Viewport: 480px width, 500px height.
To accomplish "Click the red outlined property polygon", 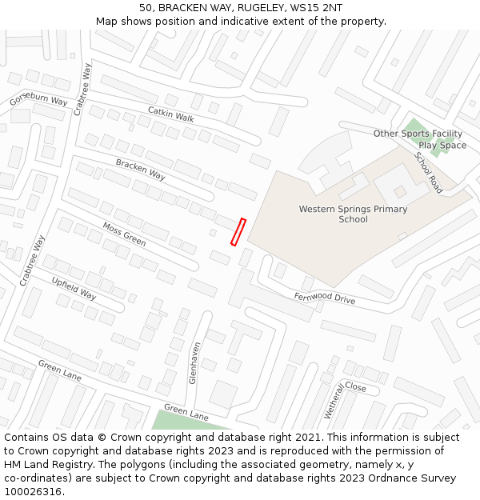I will [x=238, y=231].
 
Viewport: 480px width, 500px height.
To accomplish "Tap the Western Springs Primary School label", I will [x=353, y=214].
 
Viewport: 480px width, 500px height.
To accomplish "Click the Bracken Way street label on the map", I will [x=140, y=169].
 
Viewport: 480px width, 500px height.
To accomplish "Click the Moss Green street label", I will [x=124, y=234].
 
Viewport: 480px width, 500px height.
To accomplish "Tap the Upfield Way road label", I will [x=74, y=288].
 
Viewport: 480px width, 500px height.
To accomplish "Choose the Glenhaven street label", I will [x=194, y=363].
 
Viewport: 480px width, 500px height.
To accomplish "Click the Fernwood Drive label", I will [x=324, y=298].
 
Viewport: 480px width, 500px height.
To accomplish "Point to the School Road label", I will [x=429, y=172].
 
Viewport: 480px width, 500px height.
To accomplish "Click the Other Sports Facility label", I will [x=418, y=134].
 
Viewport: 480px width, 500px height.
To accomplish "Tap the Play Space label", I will [x=442, y=146].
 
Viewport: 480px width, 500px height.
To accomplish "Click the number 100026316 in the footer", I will [x=32, y=491].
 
